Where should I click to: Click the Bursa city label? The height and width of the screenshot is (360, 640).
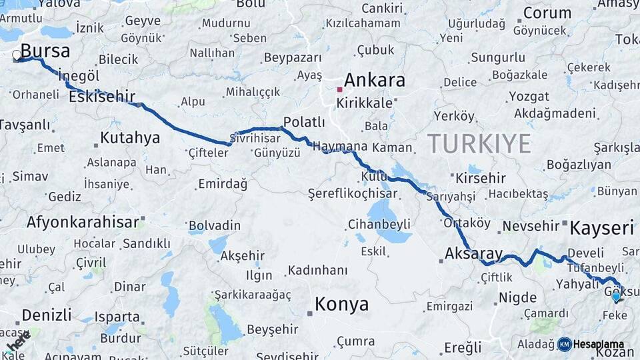click(45, 51)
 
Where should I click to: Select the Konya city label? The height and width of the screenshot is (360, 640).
click(341, 305)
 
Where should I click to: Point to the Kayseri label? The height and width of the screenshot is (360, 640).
click(602, 229)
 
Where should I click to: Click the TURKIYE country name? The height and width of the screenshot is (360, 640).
click(479, 143)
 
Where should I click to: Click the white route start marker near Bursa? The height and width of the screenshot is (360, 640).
click(17, 55)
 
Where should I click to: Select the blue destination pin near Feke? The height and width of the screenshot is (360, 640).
click(616, 297)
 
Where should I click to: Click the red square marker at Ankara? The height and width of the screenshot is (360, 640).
click(339, 89)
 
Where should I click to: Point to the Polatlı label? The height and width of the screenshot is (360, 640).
click(304, 122)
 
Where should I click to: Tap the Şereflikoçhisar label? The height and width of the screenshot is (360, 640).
click(352, 194)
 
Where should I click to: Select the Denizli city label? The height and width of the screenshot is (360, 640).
click(46, 315)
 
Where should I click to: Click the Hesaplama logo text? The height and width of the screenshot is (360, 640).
click(599, 344)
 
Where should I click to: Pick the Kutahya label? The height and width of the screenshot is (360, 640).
click(130, 138)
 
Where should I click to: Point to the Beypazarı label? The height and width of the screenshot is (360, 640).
click(293, 58)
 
